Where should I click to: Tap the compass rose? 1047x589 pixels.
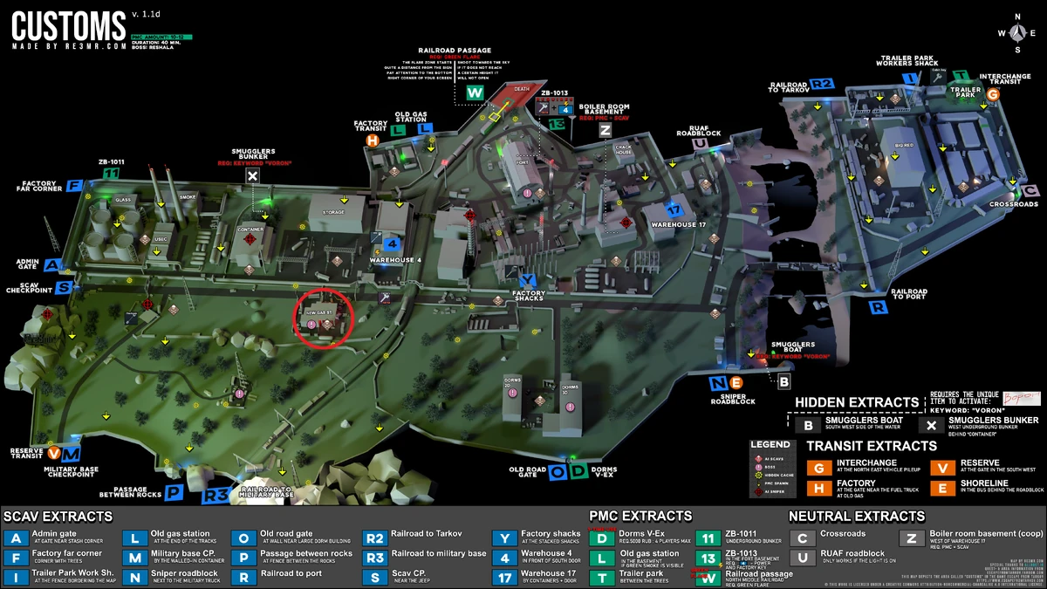(1016, 32)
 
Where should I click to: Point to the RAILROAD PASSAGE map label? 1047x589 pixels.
(455, 51)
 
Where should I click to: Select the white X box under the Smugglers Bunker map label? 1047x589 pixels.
(253, 176)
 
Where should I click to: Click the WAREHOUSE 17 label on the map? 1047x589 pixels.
(678, 224)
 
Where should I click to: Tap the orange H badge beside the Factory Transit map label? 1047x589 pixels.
(373, 140)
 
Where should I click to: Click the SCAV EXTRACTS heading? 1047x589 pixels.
(58, 516)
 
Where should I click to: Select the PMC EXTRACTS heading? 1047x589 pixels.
(640, 516)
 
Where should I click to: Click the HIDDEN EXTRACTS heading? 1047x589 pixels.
(857, 403)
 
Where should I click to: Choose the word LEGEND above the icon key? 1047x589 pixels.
(770, 444)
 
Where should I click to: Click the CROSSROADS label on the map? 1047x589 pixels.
(1014, 204)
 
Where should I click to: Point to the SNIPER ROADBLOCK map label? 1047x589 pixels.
(732, 398)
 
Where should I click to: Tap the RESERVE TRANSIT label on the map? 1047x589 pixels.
(26, 455)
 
